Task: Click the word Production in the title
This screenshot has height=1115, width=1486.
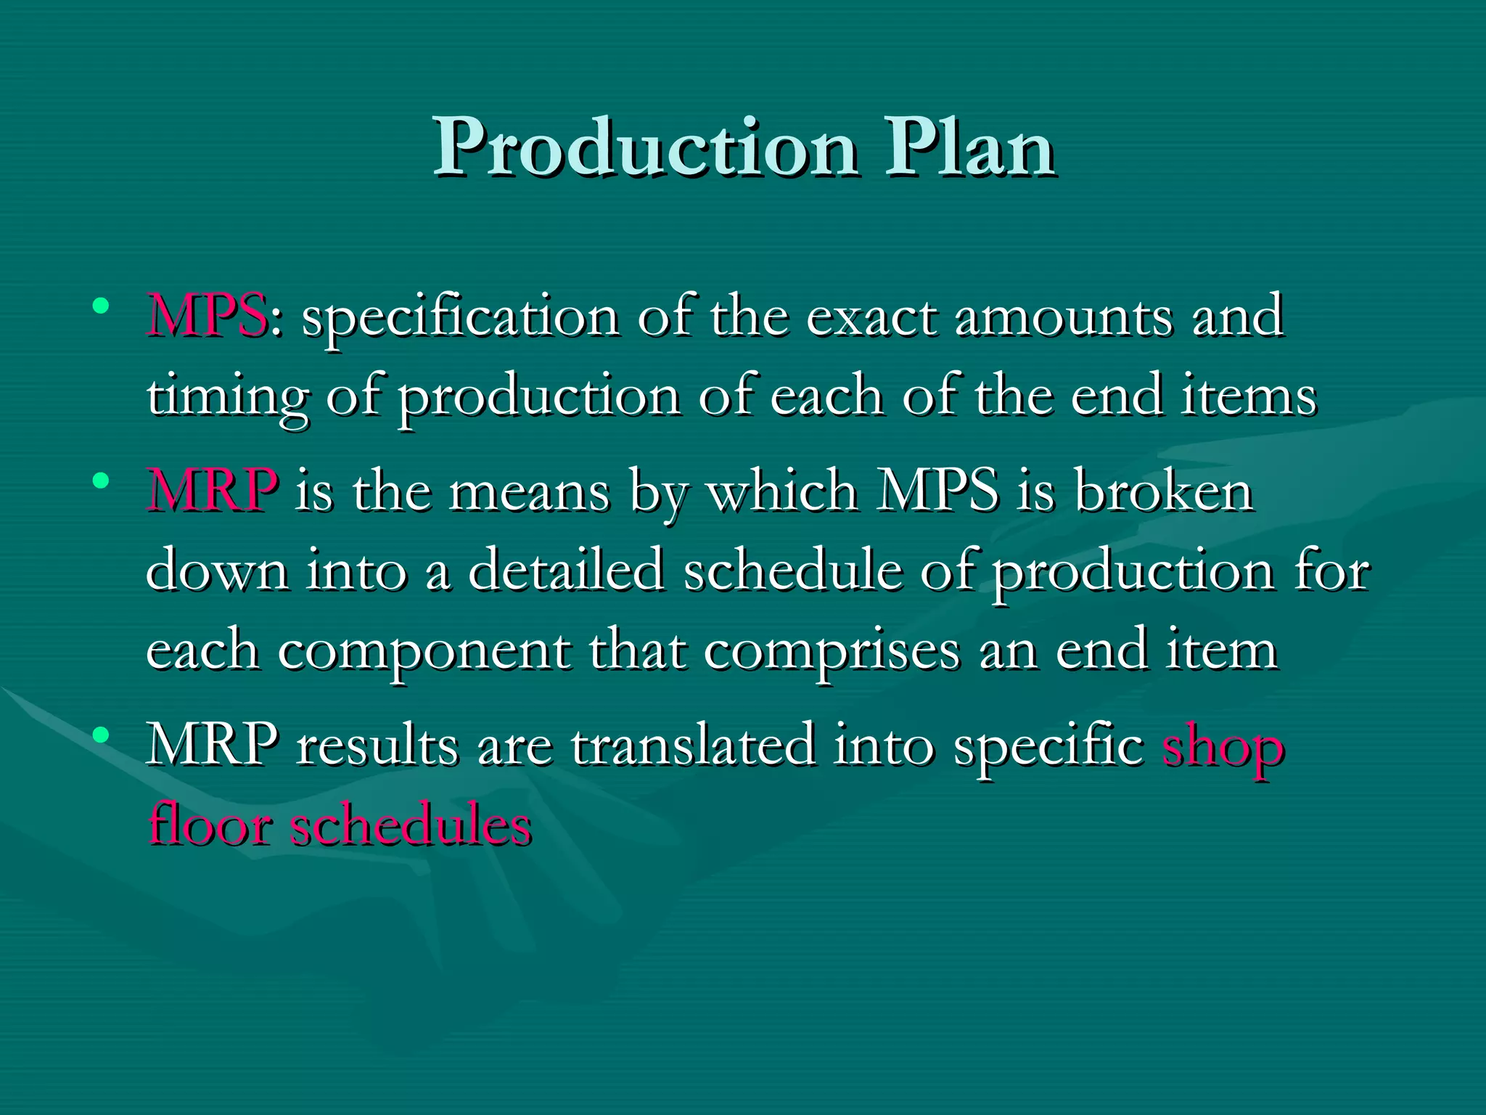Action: click(646, 149)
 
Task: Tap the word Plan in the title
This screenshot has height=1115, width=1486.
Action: click(969, 149)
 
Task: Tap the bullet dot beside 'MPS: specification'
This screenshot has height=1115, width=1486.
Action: click(101, 305)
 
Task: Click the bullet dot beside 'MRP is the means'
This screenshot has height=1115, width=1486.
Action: click(101, 481)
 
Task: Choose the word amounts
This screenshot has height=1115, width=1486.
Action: click(1064, 317)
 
